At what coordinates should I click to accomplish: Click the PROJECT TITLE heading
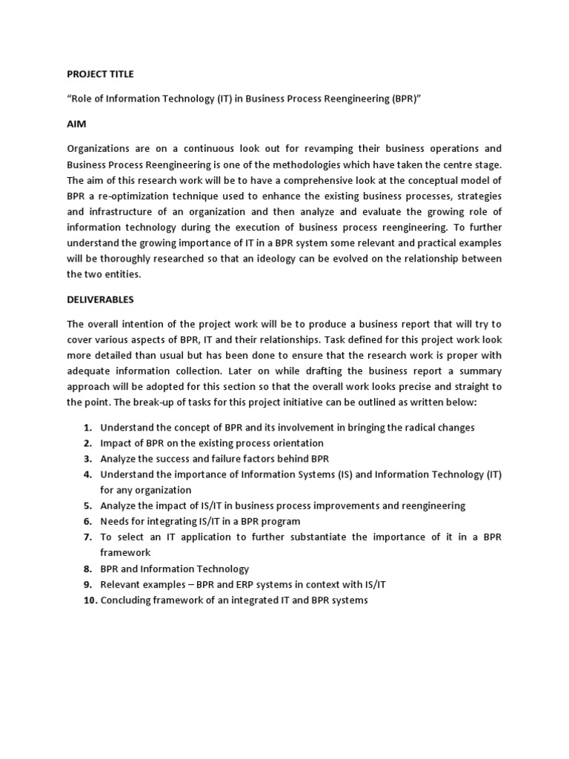tap(101, 74)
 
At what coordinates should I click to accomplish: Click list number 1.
tap(87, 428)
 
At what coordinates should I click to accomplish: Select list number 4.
tap(87, 474)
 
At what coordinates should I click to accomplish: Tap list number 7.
tap(87, 537)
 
